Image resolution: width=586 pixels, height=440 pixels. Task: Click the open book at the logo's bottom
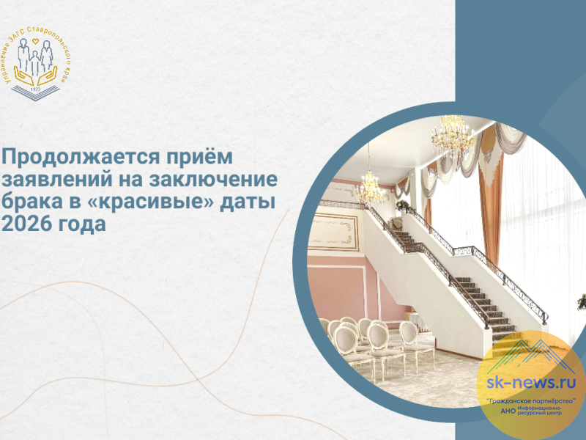[35, 95]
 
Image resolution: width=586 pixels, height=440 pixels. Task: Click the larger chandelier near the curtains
[451, 132]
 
